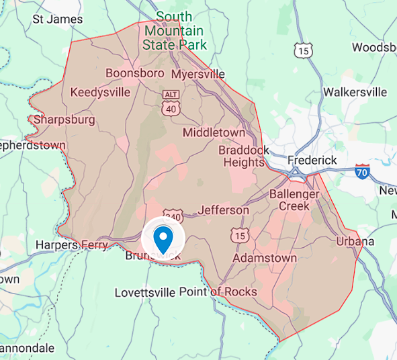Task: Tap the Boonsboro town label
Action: pyautogui.click(x=134, y=73)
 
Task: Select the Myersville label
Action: pyautogui.click(x=197, y=74)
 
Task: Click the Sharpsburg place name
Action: pyautogui.click(x=64, y=120)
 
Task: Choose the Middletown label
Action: pyautogui.click(x=214, y=132)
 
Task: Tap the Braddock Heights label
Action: pyautogui.click(x=243, y=156)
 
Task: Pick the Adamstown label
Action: pyautogui.click(x=265, y=258)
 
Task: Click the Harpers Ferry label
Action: pyautogui.click(x=71, y=245)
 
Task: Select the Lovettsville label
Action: pyautogui.click(x=144, y=293)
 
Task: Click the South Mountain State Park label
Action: pyautogui.click(x=175, y=30)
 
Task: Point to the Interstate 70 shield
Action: pyautogui.click(x=363, y=171)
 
